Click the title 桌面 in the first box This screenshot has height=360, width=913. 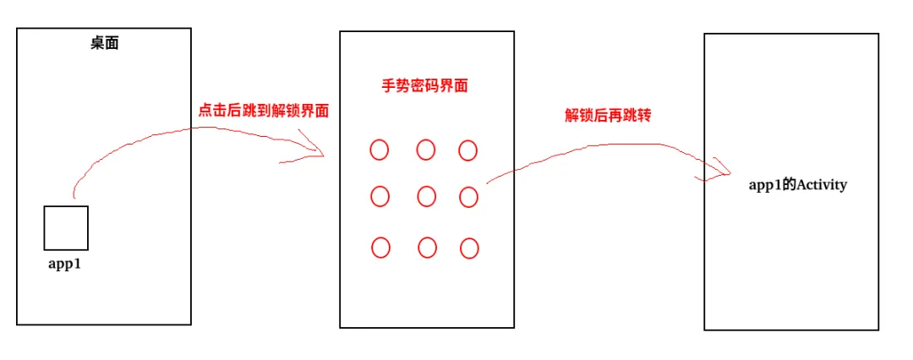105,43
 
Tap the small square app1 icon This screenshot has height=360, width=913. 66,227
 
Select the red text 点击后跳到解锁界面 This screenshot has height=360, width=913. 263,111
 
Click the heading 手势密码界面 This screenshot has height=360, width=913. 424,85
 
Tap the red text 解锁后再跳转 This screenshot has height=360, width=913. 609,116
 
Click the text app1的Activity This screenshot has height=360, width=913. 798,185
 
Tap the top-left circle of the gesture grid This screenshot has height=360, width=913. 380,150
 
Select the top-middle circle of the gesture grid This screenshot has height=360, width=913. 426,150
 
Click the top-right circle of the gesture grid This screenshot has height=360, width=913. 468,150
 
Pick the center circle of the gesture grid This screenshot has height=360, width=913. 426,197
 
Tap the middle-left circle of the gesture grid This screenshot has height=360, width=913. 380,197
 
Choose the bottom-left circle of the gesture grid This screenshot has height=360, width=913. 381,248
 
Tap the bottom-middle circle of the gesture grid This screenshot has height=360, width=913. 428,248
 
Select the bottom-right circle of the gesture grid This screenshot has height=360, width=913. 469,248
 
